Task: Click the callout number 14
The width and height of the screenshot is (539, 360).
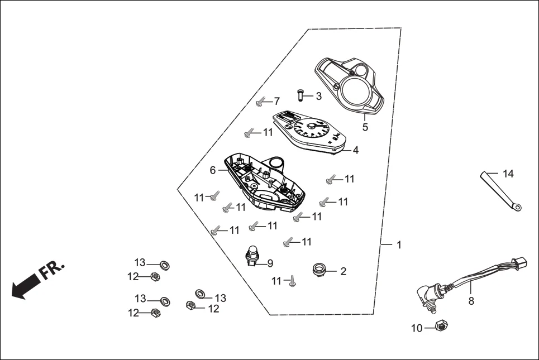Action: [x=508, y=174]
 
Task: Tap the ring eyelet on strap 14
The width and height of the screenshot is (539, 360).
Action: [x=518, y=208]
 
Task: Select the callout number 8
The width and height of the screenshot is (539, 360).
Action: [x=471, y=301]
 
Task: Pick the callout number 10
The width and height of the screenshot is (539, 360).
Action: [x=417, y=329]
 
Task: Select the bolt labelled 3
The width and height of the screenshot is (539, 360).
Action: [x=301, y=96]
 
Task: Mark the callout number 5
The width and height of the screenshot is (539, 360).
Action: [x=365, y=127]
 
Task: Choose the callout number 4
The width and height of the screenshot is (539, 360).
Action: [x=355, y=150]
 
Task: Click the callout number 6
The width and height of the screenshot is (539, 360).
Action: [x=213, y=170]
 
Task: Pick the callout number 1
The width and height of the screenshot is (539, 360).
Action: [x=399, y=245]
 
